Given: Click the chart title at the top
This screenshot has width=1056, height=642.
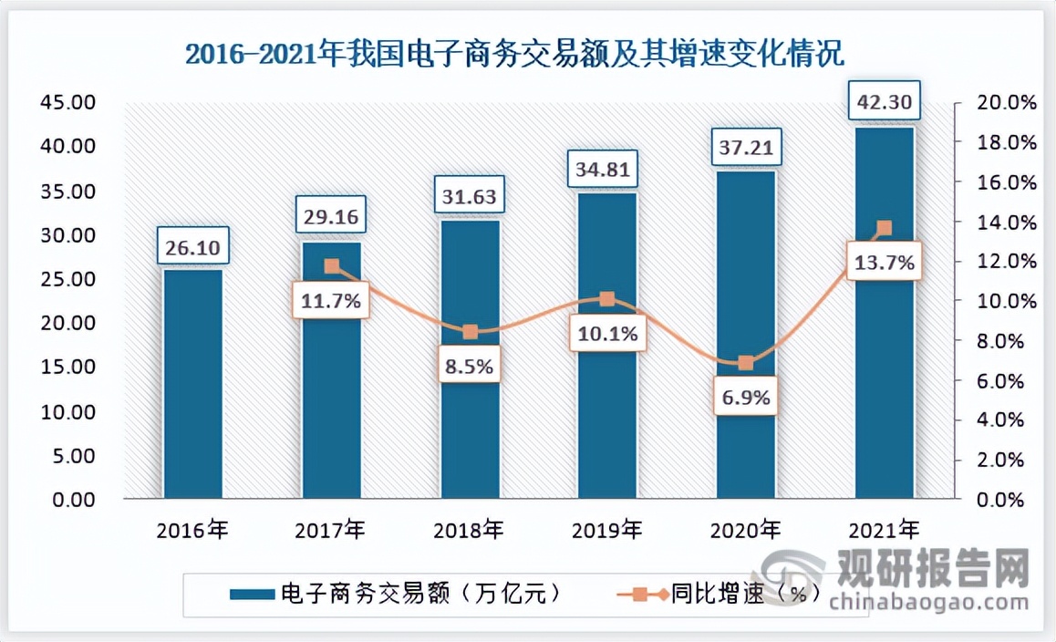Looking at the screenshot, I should pyautogui.click(x=515, y=54).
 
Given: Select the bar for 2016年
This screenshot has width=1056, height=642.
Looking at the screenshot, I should pyautogui.click(x=192, y=383).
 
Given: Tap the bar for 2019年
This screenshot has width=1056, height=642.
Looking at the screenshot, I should pyautogui.click(x=607, y=410).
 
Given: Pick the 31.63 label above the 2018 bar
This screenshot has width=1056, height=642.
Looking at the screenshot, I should pyautogui.click(x=470, y=194).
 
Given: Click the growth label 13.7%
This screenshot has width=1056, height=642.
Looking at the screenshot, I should pyautogui.click(x=883, y=264).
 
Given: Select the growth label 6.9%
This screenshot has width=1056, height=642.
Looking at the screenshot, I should pyautogui.click(x=745, y=398).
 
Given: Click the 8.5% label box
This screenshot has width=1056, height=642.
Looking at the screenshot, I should pyautogui.click(x=470, y=367).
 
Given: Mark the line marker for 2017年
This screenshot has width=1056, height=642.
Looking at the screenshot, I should pyautogui.click(x=332, y=267).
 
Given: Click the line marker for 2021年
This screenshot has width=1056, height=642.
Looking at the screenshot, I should pyautogui.click(x=884, y=228).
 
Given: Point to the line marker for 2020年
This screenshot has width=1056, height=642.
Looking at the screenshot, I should pyautogui.click(x=746, y=363).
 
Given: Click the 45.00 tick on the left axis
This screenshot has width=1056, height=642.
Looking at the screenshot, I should pyautogui.click(x=68, y=102).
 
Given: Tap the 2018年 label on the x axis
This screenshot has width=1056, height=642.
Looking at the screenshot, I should pyautogui.click(x=469, y=529).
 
